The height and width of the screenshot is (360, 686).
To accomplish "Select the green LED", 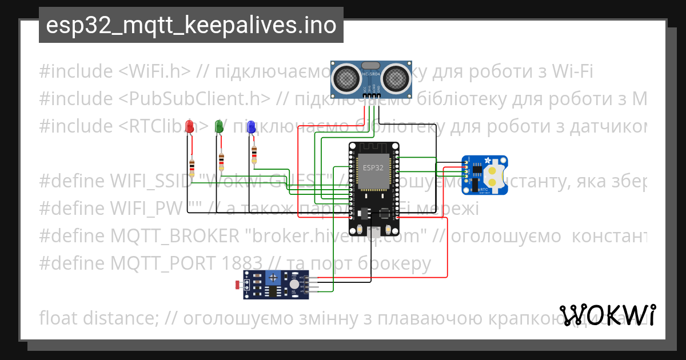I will tap(218, 126).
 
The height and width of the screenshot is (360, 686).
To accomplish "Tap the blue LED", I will tap(250, 127).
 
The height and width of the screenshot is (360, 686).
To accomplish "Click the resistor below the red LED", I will tap(192, 165).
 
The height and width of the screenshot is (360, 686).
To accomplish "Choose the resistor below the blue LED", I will tap(254, 153).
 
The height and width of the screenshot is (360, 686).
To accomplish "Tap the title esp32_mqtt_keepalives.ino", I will tap(191, 26).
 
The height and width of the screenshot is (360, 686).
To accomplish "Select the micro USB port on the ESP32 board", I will tap(375, 232).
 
